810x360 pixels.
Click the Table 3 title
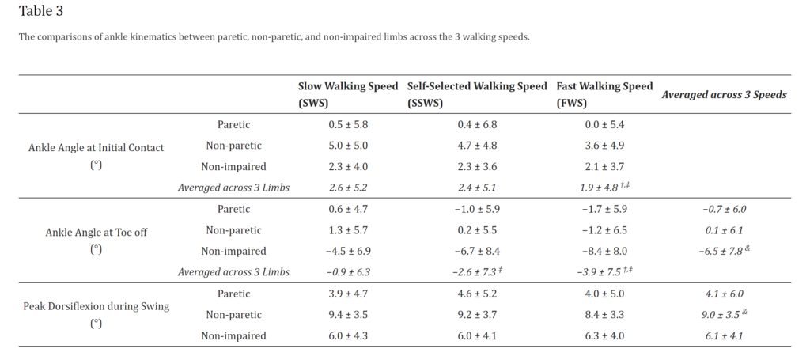pyautogui.click(x=41, y=11)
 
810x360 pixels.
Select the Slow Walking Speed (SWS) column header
pyautogui.click(x=347, y=94)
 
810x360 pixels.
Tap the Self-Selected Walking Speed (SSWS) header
pyautogui.click(x=476, y=94)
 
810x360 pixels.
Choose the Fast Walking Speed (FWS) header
pyautogui.click(x=604, y=94)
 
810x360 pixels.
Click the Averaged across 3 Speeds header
pyautogui.click(x=724, y=94)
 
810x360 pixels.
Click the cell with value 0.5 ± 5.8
pyautogui.click(x=348, y=124)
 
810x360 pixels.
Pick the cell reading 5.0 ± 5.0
pyautogui.click(x=348, y=146)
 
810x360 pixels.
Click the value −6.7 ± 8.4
pyautogui.click(x=476, y=251)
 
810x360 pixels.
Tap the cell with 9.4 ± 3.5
pyautogui.click(x=348, y=314)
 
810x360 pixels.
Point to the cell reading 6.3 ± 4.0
pyautogui.click(x=603, y=335)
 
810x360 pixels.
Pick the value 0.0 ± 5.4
pyautogui.click(x=603, y=124)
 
